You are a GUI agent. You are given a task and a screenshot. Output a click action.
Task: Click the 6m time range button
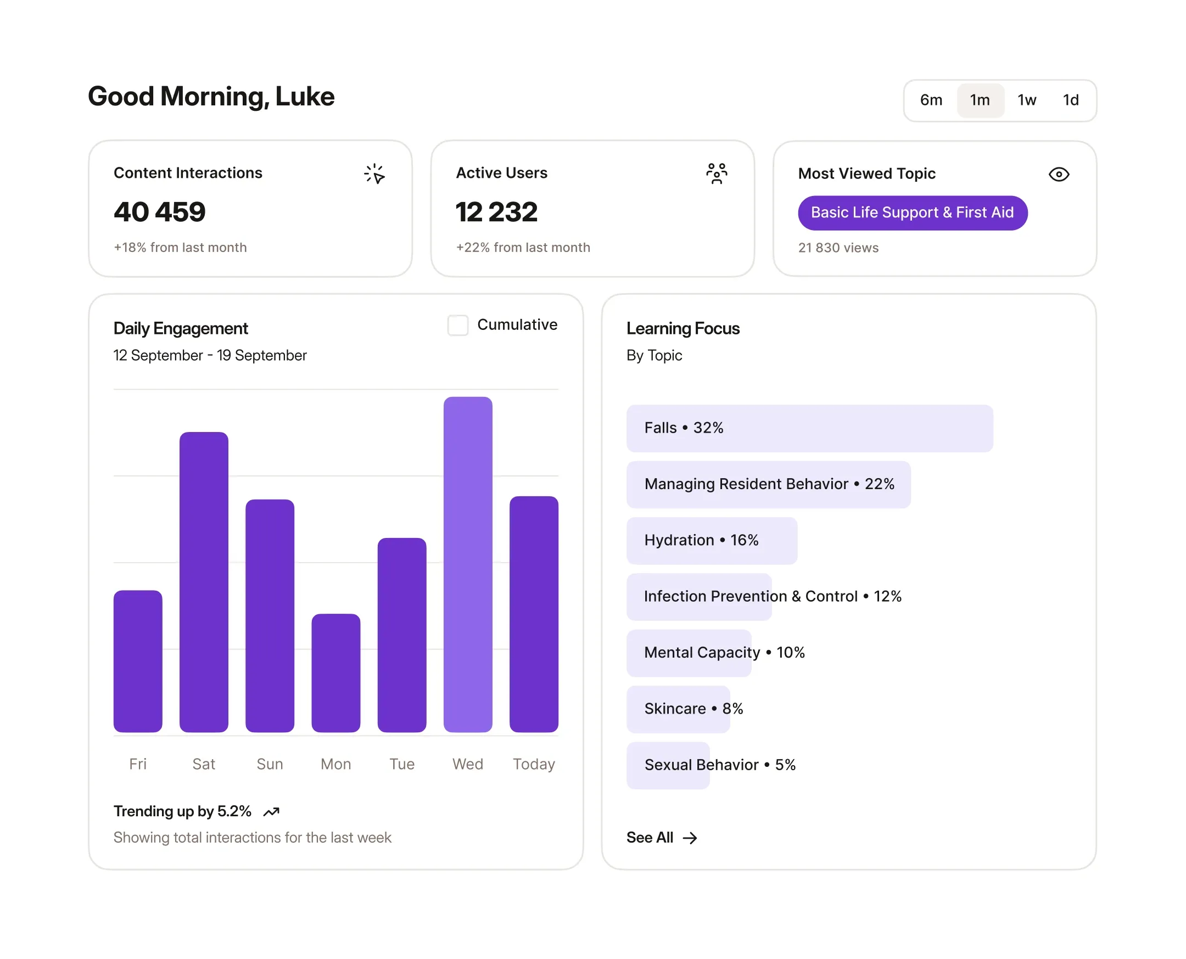tap(930, 100)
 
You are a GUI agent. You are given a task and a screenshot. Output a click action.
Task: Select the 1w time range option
tap(1026, 100)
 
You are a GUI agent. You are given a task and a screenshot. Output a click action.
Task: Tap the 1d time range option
tap(1070, 100)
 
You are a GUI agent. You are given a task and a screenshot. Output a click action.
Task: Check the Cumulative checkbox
tap(457, 325)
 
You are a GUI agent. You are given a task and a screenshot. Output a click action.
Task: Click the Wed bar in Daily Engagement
tap(467, 563)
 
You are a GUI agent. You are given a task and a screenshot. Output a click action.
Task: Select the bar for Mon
tap(335, 672)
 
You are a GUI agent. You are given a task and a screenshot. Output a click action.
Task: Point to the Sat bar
tap(203, 581)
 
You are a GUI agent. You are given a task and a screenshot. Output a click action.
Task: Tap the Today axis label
tap(533, 764)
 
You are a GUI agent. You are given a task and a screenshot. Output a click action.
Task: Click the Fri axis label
tap(138, 764)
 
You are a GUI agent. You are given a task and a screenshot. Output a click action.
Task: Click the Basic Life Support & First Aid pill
tap(911, 212)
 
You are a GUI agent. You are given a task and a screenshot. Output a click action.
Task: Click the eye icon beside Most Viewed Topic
tap(1058, 175)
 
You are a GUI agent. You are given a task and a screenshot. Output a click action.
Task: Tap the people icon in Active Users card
tap(716, 173)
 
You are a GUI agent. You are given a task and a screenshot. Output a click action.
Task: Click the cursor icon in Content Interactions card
tap(374, 174)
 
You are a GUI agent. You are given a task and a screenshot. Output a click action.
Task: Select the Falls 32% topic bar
tap(809, 428)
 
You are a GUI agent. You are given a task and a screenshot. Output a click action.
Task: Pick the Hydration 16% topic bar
tap(711, 540)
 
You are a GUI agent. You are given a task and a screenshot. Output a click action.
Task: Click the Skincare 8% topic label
tap(693, 708)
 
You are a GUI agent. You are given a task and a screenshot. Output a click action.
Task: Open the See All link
tap(661, 838)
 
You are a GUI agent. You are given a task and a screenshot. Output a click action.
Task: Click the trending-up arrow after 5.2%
tap(271, 811)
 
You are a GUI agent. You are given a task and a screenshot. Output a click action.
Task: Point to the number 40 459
tap(159, 212)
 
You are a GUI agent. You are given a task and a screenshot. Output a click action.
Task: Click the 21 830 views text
tap(837, 248)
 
